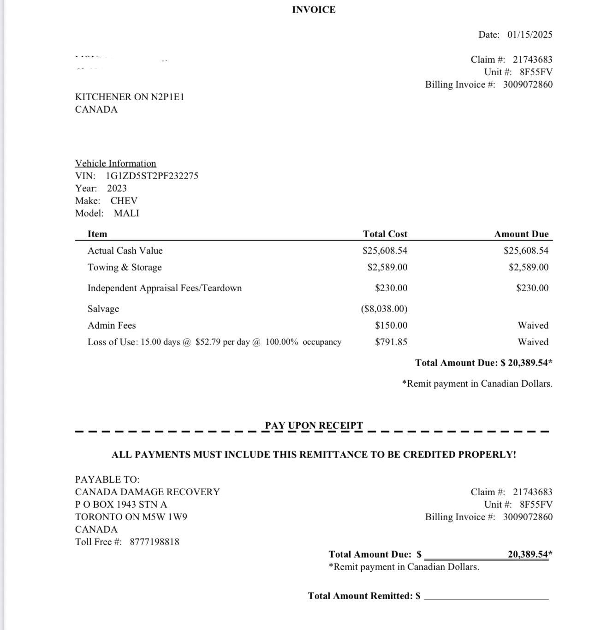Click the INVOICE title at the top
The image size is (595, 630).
pos(314,10)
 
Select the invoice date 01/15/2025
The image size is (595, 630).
pos(530,35)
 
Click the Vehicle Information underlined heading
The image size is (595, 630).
pos(116,163)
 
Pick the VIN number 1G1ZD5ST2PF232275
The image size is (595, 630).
pos(152,176)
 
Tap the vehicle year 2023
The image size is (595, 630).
pos(117,188)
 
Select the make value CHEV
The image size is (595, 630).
pos(124,201)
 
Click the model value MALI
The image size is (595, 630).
pos(126,213)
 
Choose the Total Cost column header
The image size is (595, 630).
pos(385,234)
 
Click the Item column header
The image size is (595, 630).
pos(97,234)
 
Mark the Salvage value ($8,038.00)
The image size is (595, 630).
pos(384,309)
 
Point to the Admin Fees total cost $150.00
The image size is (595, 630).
pos(391,325)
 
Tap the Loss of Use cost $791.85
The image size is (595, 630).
pos(391,342)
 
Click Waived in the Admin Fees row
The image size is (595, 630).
pos(533,325)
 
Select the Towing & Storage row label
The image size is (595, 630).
pos(125,267)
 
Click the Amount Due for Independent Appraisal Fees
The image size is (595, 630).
pos(532,288)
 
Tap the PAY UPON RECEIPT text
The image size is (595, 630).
pos(314,426)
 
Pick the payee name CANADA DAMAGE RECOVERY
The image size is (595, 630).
pos(148,492)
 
